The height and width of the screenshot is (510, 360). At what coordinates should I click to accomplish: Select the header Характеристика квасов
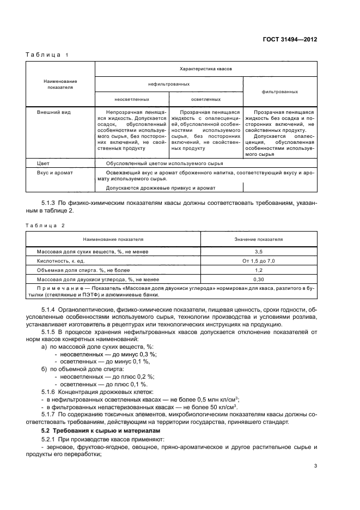(206, 69)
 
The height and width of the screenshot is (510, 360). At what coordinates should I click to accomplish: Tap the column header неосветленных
(131, 99)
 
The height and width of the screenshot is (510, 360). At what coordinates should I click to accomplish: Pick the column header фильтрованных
(279, 92)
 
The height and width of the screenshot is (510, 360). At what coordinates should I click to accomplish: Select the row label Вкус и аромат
(55, 172)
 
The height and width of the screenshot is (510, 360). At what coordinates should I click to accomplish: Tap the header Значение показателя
(259, 239)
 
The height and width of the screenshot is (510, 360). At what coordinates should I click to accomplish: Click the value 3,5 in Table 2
(259, 252)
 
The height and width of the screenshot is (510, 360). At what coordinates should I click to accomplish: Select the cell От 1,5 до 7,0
(259, 262)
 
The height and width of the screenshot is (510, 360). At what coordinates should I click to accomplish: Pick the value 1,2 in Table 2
(259, 270)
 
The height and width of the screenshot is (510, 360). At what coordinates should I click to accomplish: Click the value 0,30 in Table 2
(259, 279)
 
